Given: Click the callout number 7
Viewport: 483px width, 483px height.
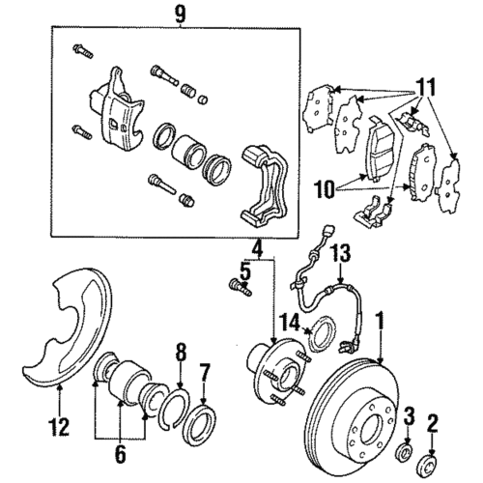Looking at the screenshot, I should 203,372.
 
